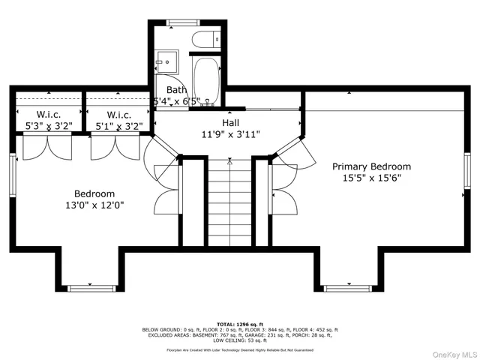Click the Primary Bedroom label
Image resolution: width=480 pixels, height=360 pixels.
tap(372, 166)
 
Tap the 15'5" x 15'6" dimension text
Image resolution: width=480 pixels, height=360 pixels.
tap(372, 179)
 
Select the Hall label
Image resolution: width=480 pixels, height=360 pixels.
tap(230, 122)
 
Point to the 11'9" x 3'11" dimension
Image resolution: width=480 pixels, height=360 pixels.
tap(230, 135)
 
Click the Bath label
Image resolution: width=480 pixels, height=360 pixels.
tap(166, 89)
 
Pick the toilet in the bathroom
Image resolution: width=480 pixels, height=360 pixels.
tap(205, 39)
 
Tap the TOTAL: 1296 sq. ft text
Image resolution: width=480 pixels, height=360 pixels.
tap(240, 323)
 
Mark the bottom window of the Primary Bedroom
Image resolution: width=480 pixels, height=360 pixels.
tap(347, 287)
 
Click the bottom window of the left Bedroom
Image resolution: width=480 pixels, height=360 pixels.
tap(90, 287)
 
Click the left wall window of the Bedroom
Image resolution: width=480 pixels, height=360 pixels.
tap(12, 178)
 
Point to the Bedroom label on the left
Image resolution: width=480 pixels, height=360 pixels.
tap(94, 193)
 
